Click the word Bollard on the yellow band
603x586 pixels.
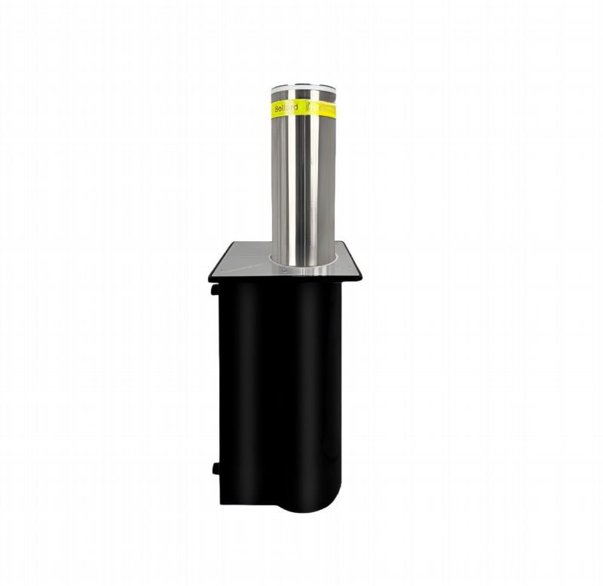point(286,108)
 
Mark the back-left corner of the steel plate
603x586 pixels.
point(228,243)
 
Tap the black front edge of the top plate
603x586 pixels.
point(286,280)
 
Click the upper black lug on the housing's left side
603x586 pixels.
point(215,289)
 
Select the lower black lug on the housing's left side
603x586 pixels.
point(216,468)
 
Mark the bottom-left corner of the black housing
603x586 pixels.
point(222,502)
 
